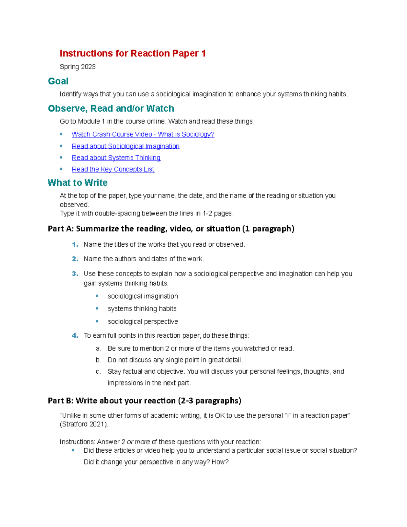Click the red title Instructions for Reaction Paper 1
(133, 54)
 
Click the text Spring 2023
(77, 67)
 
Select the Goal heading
(58, 81)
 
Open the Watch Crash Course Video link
(143, 134)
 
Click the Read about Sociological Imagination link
(125, 146)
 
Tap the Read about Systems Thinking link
(116, 158)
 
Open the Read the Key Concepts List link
(113, 169)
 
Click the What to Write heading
(77, 183)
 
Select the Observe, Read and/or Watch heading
(111, 109)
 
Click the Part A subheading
(171, 229)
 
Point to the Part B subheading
(144, 401)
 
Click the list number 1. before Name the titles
(75, 245)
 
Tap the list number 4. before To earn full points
(75, 336)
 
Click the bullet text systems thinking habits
(142, 309)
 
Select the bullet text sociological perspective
(142, 322)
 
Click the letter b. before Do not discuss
(98, 360)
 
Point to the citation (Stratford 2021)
(84, 425)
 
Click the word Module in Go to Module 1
(89, 121)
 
